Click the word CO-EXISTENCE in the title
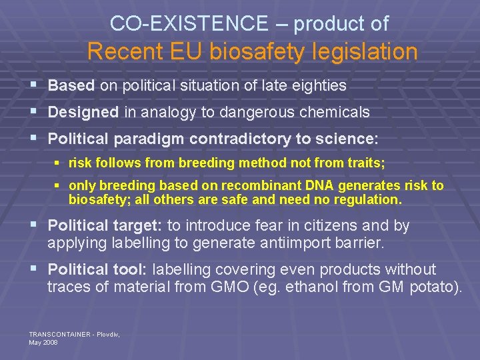tap(189, 24)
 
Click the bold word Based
tap(72, 86)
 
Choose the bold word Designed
tap(84, 113)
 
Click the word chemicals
tap(337, 113)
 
